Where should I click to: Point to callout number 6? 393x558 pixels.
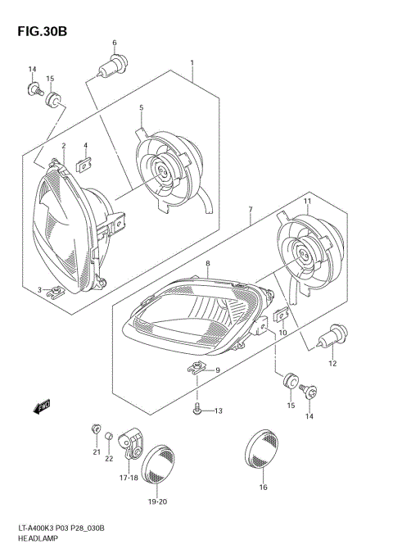tap(115, 43)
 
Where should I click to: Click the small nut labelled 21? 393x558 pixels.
tap(96, 429)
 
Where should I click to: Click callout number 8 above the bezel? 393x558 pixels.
tap(208, 263)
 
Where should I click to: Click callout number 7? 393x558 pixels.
tap(250, 211)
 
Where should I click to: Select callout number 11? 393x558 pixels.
tap(308, 202)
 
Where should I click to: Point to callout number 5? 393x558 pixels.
tap(141, 107)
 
